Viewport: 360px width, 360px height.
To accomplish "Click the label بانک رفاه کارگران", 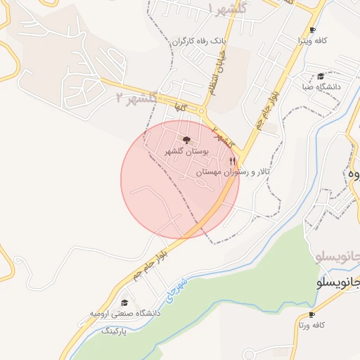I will pos(200,41).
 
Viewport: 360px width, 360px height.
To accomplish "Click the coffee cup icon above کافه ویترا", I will pos(312,30).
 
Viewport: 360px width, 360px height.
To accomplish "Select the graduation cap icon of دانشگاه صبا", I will pos(321,76).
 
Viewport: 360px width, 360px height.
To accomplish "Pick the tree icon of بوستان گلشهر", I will pos(186,140).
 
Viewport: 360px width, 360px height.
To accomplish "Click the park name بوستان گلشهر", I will pos(186,151).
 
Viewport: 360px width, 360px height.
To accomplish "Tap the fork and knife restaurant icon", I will pos(233,161).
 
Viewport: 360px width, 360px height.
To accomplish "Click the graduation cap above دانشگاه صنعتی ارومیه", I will pos(124,302).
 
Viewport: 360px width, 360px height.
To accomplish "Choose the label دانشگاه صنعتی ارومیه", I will pos(124,314).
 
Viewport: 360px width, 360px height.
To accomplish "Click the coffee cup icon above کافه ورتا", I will pos(310,314).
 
